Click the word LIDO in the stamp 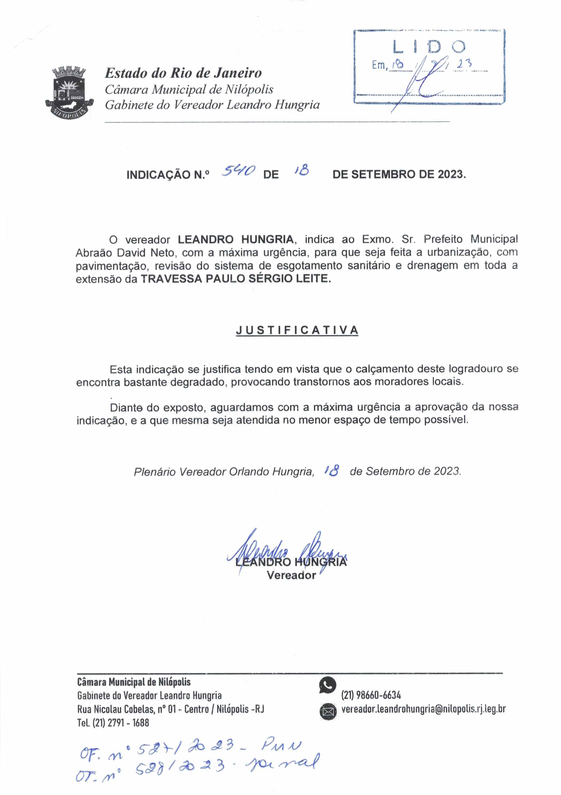(x=429, y=47)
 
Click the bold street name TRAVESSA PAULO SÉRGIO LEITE (x=236, y=279)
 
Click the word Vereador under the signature (x=291, y=575)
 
